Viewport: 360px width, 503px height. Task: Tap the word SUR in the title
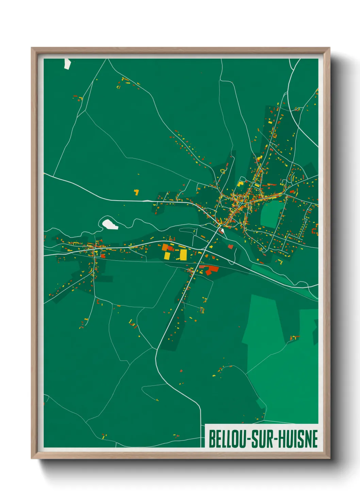pyautogui.click(x=263, y=439)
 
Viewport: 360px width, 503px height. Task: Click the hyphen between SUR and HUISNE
pyautogui.click(x=276, y=439)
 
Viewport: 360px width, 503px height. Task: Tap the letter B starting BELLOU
pyautogui.click(x=211, y=439)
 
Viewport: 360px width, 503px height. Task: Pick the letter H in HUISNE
pyautogui.click(x=282, y=439)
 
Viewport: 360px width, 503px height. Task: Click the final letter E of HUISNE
pyautogui.click(x=315, y=439)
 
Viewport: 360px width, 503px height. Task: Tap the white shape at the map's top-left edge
pyautogui.click(x=67, y=64)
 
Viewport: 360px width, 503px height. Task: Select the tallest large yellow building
pyautogui.click(x=183, y=255)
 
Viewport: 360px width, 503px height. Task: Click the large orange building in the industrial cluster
pyautogui.click(x=165, y=247)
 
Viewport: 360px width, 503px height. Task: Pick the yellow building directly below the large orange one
pyautogui.click(x=167, y=255)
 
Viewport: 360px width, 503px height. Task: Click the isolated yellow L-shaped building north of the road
pyautogui.click(x=136, y=192)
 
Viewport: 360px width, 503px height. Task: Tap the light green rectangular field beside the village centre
pyautogui.click(x=272, y=214)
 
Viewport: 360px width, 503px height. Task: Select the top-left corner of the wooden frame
pyautogui.click(x=32, y=48)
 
